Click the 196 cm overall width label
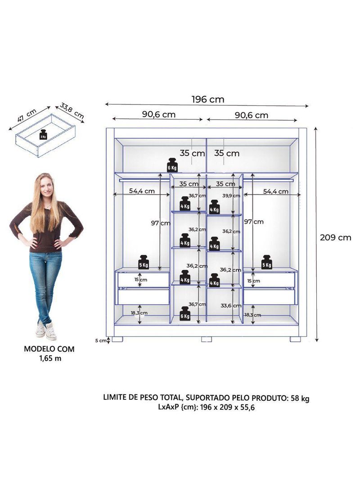207,100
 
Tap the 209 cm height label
335,237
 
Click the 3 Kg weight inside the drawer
43,135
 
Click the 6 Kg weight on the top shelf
172,165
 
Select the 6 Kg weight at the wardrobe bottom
185,313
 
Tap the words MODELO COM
49,349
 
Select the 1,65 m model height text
49,358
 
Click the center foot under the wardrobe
206,339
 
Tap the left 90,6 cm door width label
159,114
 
